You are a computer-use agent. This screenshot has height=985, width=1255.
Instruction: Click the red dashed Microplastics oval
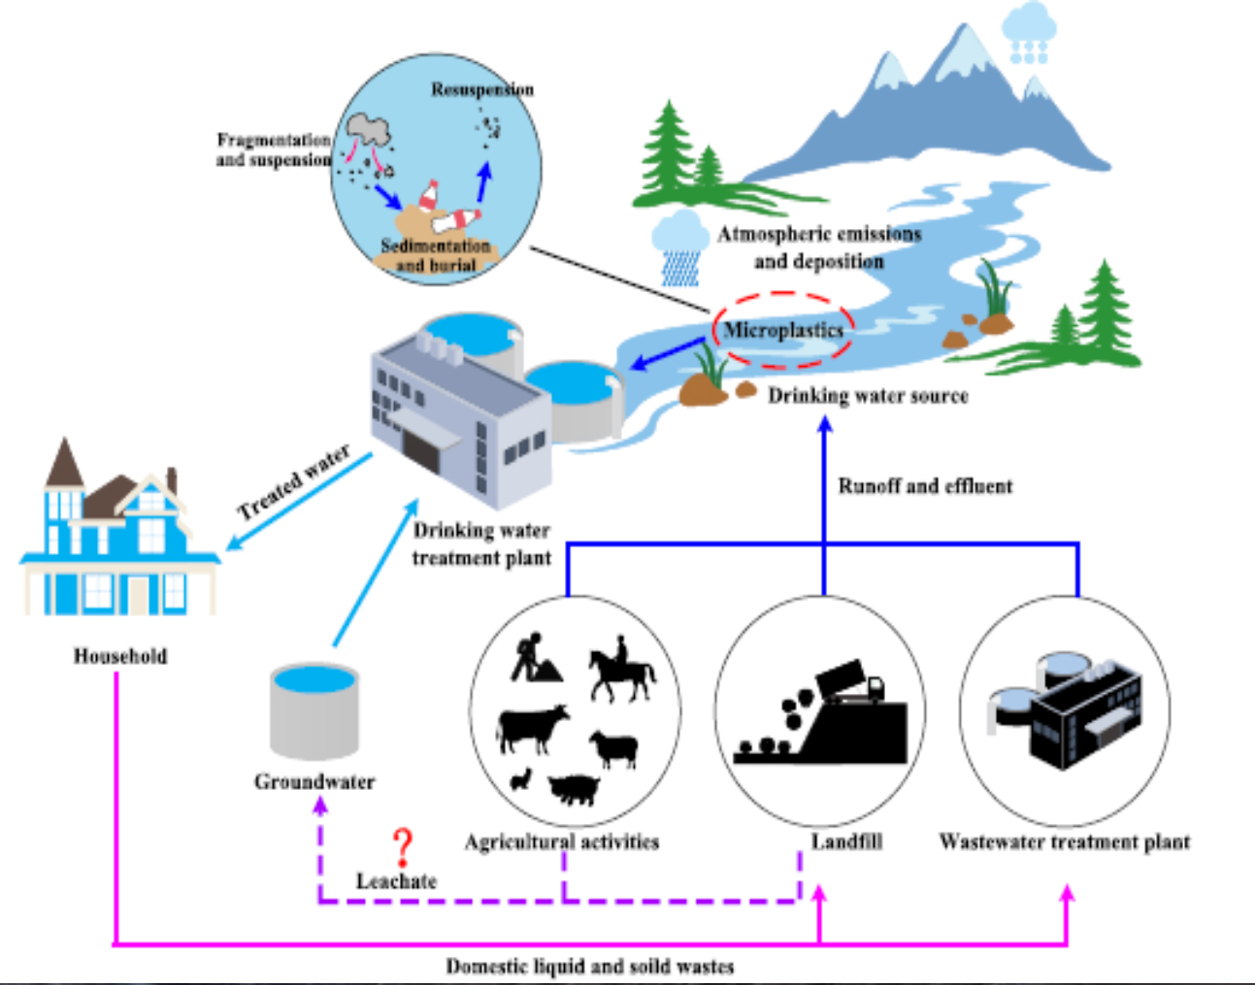(783, 331)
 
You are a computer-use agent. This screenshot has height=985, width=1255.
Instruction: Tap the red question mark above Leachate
(403, 847)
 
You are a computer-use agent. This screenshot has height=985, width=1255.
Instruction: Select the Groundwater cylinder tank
(314, 711)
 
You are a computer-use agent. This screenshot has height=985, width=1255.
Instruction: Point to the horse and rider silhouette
(621, 670)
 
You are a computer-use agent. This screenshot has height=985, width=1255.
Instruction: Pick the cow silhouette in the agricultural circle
(531, 728)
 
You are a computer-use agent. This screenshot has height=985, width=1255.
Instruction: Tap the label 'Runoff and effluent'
(925, 486)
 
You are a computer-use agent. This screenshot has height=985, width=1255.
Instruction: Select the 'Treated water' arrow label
(293, 482)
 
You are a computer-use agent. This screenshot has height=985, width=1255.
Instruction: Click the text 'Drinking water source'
(868, 396)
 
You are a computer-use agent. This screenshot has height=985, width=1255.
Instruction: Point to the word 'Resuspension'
(482, 89)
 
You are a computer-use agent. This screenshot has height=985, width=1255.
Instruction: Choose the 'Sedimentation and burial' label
(436, 255)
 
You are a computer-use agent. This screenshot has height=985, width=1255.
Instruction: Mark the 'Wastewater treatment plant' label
(1064, 842)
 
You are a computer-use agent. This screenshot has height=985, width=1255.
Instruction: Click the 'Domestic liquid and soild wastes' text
(589, 967)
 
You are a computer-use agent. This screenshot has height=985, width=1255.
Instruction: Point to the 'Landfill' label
(846, 842)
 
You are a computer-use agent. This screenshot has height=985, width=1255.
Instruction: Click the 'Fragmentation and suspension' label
(273, 149)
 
